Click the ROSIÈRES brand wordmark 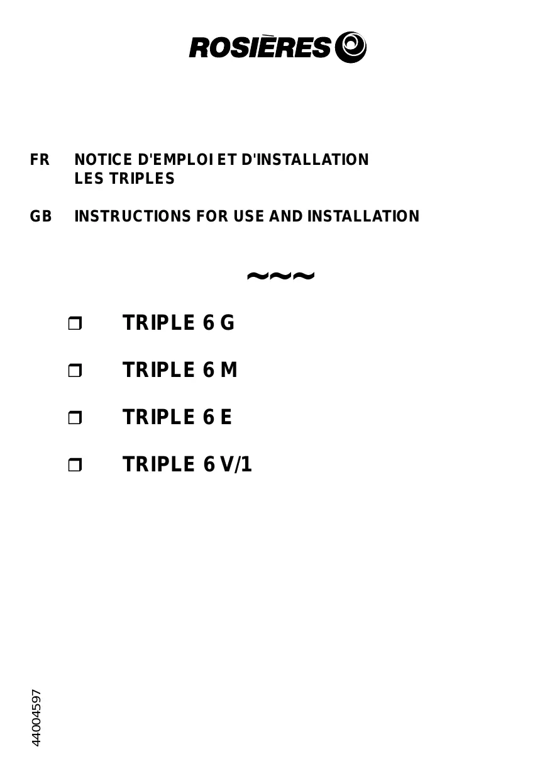coord(260,48)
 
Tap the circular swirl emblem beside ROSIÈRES coord(351,47)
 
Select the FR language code coord(40,160)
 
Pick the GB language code coord(41,216)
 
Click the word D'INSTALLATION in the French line coord(306,160)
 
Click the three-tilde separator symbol coord(280,276)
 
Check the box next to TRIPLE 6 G coord(75,324)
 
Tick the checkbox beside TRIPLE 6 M coord(75,371)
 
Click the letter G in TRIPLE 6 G coord(227,323)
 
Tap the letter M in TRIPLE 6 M coord(229,370)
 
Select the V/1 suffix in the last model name coord(236,464)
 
